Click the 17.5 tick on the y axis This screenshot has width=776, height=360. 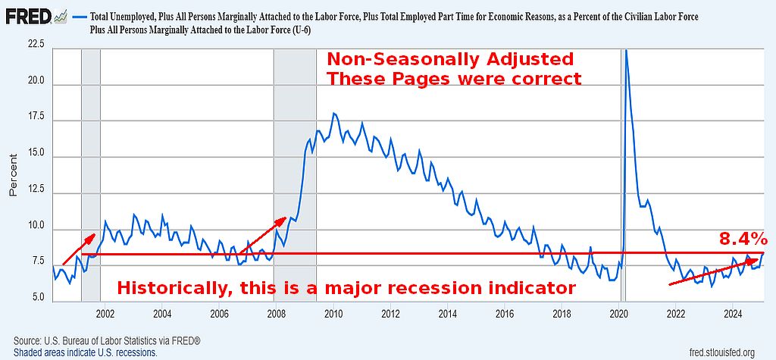pyautogui.click(x=36, y=117)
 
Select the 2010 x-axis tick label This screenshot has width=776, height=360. pyautogui.click(x=333, y=313)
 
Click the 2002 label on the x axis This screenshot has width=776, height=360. pyautogui.click(x=105, y=313)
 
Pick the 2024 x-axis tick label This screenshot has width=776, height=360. pyautogui.click(x=733, y=313)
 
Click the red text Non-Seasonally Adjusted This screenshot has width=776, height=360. pyautogui.click(x=449, y=59)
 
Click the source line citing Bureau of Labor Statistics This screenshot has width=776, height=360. pyautogui.click(x=107, y=341)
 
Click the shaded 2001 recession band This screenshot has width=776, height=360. pyautogui.click(x=90, y=174)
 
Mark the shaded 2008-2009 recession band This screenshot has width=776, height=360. pyautogui.click(x=295, y=174)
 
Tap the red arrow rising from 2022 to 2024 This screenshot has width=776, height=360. pyautogui.click(x=713, y=271)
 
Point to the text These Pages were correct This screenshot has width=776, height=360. pyautogui.click(x=453, y=78)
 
